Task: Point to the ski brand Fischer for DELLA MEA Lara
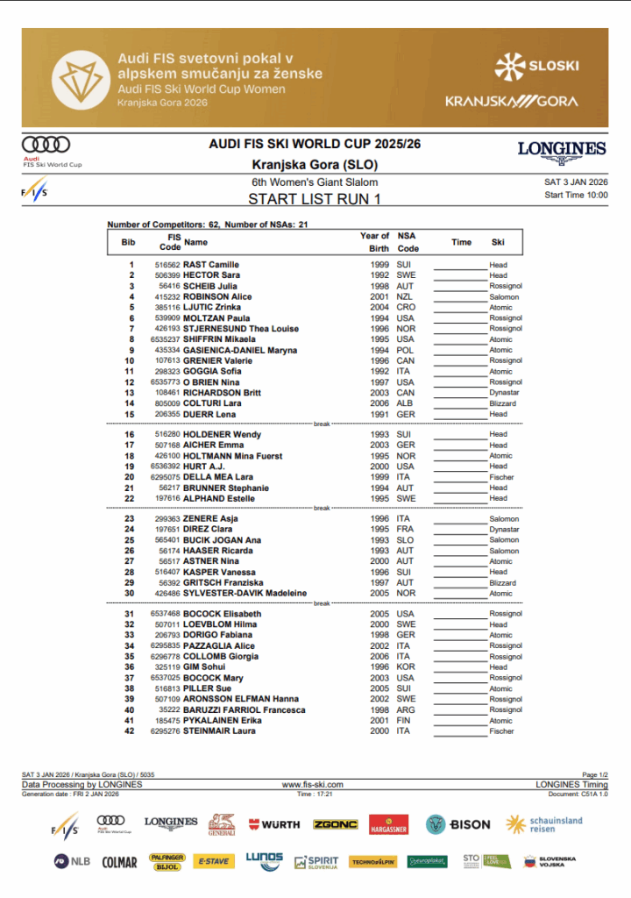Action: tap(501, 478)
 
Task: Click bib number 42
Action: tap(130, 731)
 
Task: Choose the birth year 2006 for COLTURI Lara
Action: tap(379, 403)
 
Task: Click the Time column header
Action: tap(461, 242)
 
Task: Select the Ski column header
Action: tap(498, 242)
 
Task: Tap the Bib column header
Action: tap(128, 242)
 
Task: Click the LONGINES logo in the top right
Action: tap(562, 151)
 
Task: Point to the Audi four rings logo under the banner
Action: tap(46, 145)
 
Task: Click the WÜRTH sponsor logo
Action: tap(274, 824)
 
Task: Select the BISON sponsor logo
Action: tap(458, 824)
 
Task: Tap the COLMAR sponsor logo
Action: tap(119, 862)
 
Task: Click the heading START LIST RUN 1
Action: tap(315, 199)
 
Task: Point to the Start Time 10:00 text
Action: tap(576, 196)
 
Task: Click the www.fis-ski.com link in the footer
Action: tap(312, 785)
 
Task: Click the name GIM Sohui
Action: tap(204, 667)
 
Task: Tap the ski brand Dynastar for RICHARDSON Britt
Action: tap(504, 393)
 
